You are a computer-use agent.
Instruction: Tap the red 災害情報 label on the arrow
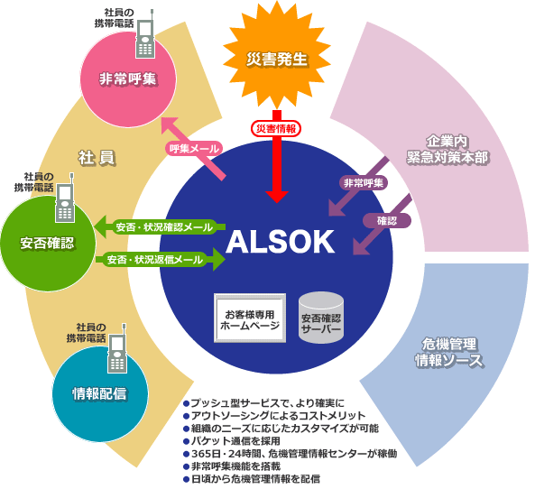point(276,129)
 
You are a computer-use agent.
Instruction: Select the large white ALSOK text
point(280,242)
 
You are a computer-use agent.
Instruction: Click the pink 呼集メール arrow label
point(195,149)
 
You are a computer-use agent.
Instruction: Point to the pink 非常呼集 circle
point(128,79)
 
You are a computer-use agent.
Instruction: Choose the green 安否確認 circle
point(48,244)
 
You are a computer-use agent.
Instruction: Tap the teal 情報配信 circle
point(100,393)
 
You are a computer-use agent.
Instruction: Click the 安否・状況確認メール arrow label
point(164,227)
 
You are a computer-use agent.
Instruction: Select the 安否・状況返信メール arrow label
point(155,260)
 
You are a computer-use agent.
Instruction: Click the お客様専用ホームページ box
point(250,318)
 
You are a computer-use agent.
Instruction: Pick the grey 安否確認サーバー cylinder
point(321,318)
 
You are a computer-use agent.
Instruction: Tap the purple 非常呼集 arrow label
point(364,183)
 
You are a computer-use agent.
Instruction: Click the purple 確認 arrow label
point(386,221)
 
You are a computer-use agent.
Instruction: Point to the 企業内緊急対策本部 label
point(447,150)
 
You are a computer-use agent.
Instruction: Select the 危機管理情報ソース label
point(449,352)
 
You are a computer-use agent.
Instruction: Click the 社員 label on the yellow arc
point(97,158)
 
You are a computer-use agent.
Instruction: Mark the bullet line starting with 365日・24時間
point(290,454)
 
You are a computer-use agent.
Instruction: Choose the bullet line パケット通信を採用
point(232,441)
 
